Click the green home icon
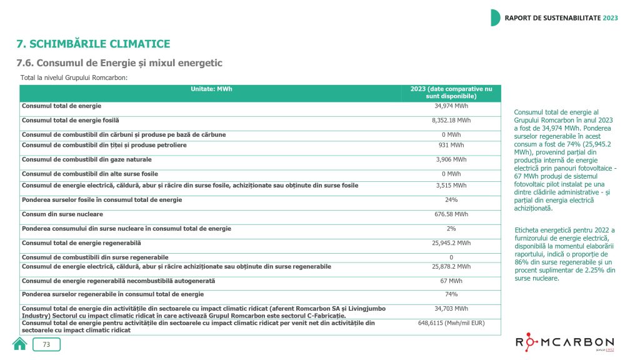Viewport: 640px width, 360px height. (x=20, y=344)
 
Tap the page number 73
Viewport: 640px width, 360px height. (x=46, y=344)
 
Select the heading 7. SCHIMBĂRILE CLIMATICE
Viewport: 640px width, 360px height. (x=93, y=44)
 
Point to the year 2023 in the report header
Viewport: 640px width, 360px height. (x=610, y=17)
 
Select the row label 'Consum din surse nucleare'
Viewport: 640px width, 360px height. (x=58, y=214)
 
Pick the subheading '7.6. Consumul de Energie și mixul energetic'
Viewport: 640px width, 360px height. (x=119, y=63)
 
